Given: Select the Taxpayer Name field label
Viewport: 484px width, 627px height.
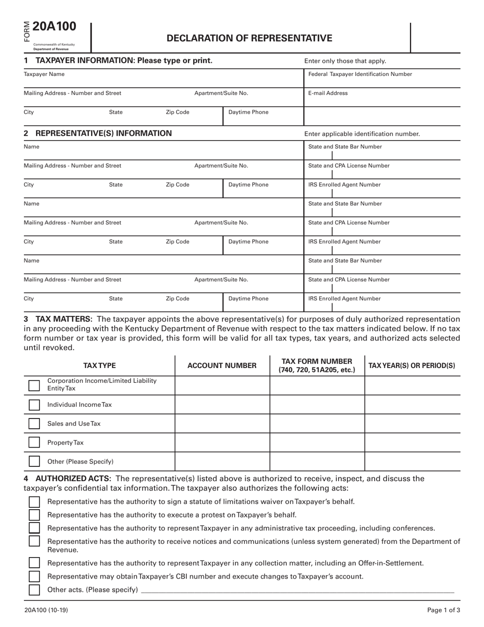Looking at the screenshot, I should [x=44, y=74].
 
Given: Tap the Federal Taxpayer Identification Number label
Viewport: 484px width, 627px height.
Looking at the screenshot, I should [x=360, y=74].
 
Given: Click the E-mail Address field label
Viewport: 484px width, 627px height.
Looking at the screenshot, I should [x=328, y=93].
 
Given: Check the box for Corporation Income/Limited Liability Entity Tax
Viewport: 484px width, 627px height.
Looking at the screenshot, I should [x=34, y=385].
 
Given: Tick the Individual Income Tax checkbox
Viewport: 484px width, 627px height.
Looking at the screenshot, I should [x=34, y=405].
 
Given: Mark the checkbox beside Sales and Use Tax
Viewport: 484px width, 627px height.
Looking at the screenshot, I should [x=34, y=424].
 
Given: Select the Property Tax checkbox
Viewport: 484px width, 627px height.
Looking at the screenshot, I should [x=34, y=442].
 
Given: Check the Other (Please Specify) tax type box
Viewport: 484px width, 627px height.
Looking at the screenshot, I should [x=34, y=461].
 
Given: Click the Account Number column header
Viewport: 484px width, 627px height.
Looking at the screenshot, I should [x=222, y=365].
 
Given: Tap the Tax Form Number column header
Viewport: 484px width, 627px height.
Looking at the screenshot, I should [x=317, y=365].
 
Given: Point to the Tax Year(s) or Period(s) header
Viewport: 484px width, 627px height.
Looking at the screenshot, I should [x=412, y=365].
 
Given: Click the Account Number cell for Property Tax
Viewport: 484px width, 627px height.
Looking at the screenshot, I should [x=222, y=442].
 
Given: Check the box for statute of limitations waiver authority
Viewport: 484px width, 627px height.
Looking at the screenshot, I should [x=34, y=502].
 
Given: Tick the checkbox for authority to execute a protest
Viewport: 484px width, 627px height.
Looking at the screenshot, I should [x=34, y=515].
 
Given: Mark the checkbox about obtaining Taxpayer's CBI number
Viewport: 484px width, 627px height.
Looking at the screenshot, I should [x=34, y=577].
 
